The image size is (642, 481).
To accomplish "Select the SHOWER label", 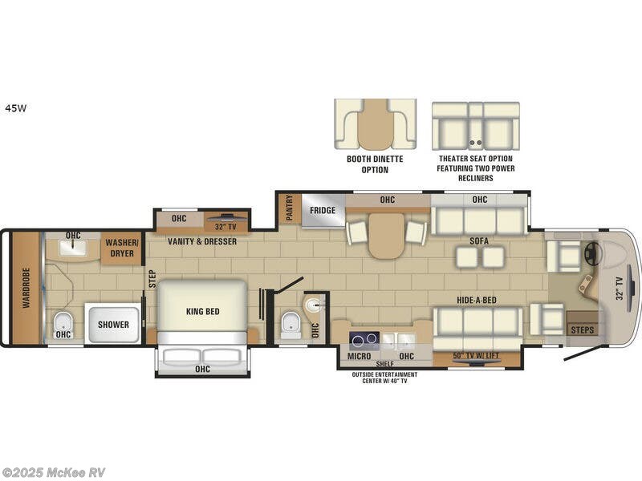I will tap(114, 325).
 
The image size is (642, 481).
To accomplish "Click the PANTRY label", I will tap(289, 209).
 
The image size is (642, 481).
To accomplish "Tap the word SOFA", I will tap(480, 240).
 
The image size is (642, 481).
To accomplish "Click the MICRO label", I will tap(358, 355).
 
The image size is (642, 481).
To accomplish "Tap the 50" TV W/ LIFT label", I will tap(478, 356).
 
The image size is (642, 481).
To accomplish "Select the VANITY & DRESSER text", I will tap(201, 240).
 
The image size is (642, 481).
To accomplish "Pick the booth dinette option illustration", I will tap(375, 125).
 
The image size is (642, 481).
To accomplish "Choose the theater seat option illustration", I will tap(475, 125).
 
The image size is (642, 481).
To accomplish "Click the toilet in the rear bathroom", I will tap(63, 325).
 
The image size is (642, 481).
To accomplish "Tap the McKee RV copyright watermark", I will tap(53, 472).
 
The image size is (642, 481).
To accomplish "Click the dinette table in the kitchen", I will tap(387, 235).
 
